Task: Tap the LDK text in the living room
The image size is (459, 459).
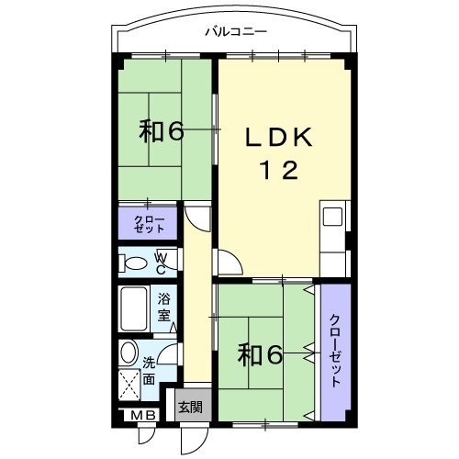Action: click(x=280, y=139)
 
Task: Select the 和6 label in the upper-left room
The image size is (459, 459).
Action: click(x=162, y=131)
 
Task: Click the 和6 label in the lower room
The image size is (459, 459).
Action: click(x=260, y=354)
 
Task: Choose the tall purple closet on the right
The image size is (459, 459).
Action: click(x=335, y=349)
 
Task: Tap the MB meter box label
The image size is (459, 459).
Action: click(x=143, y=417)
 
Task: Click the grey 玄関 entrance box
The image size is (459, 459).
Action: click(x=190, y=406)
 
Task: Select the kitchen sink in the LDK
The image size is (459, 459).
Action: click(x=331, y=218)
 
